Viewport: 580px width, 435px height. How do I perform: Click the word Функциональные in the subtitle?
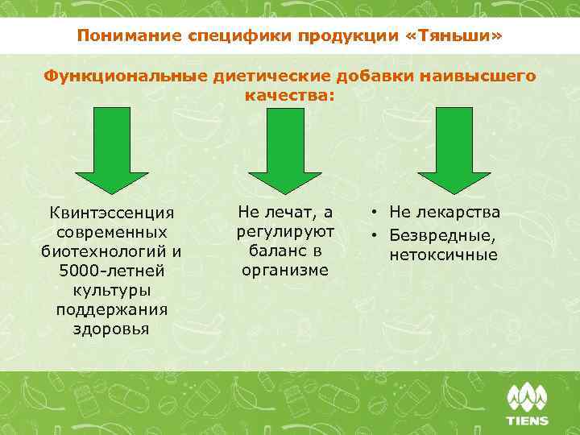click(126, 76)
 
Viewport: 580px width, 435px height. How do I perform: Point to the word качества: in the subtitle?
click(289, 95)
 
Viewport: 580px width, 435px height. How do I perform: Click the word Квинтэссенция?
click(111, 213)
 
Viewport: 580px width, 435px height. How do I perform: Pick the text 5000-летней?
click(111, 270)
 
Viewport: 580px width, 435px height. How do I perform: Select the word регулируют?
click(285, 232)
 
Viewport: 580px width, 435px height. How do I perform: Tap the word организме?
click(285, 270)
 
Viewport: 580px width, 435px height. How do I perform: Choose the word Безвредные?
click(442, 237)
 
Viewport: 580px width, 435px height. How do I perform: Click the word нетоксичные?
click(443, 256)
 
